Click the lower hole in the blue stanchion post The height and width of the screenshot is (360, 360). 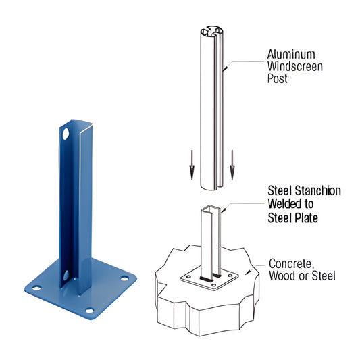(x=66, y=276)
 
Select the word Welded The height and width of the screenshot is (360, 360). (x=286, y=205)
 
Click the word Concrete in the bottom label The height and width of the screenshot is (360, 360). (x=290, y=263)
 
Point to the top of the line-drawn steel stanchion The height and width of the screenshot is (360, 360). (x=209, y=209)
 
